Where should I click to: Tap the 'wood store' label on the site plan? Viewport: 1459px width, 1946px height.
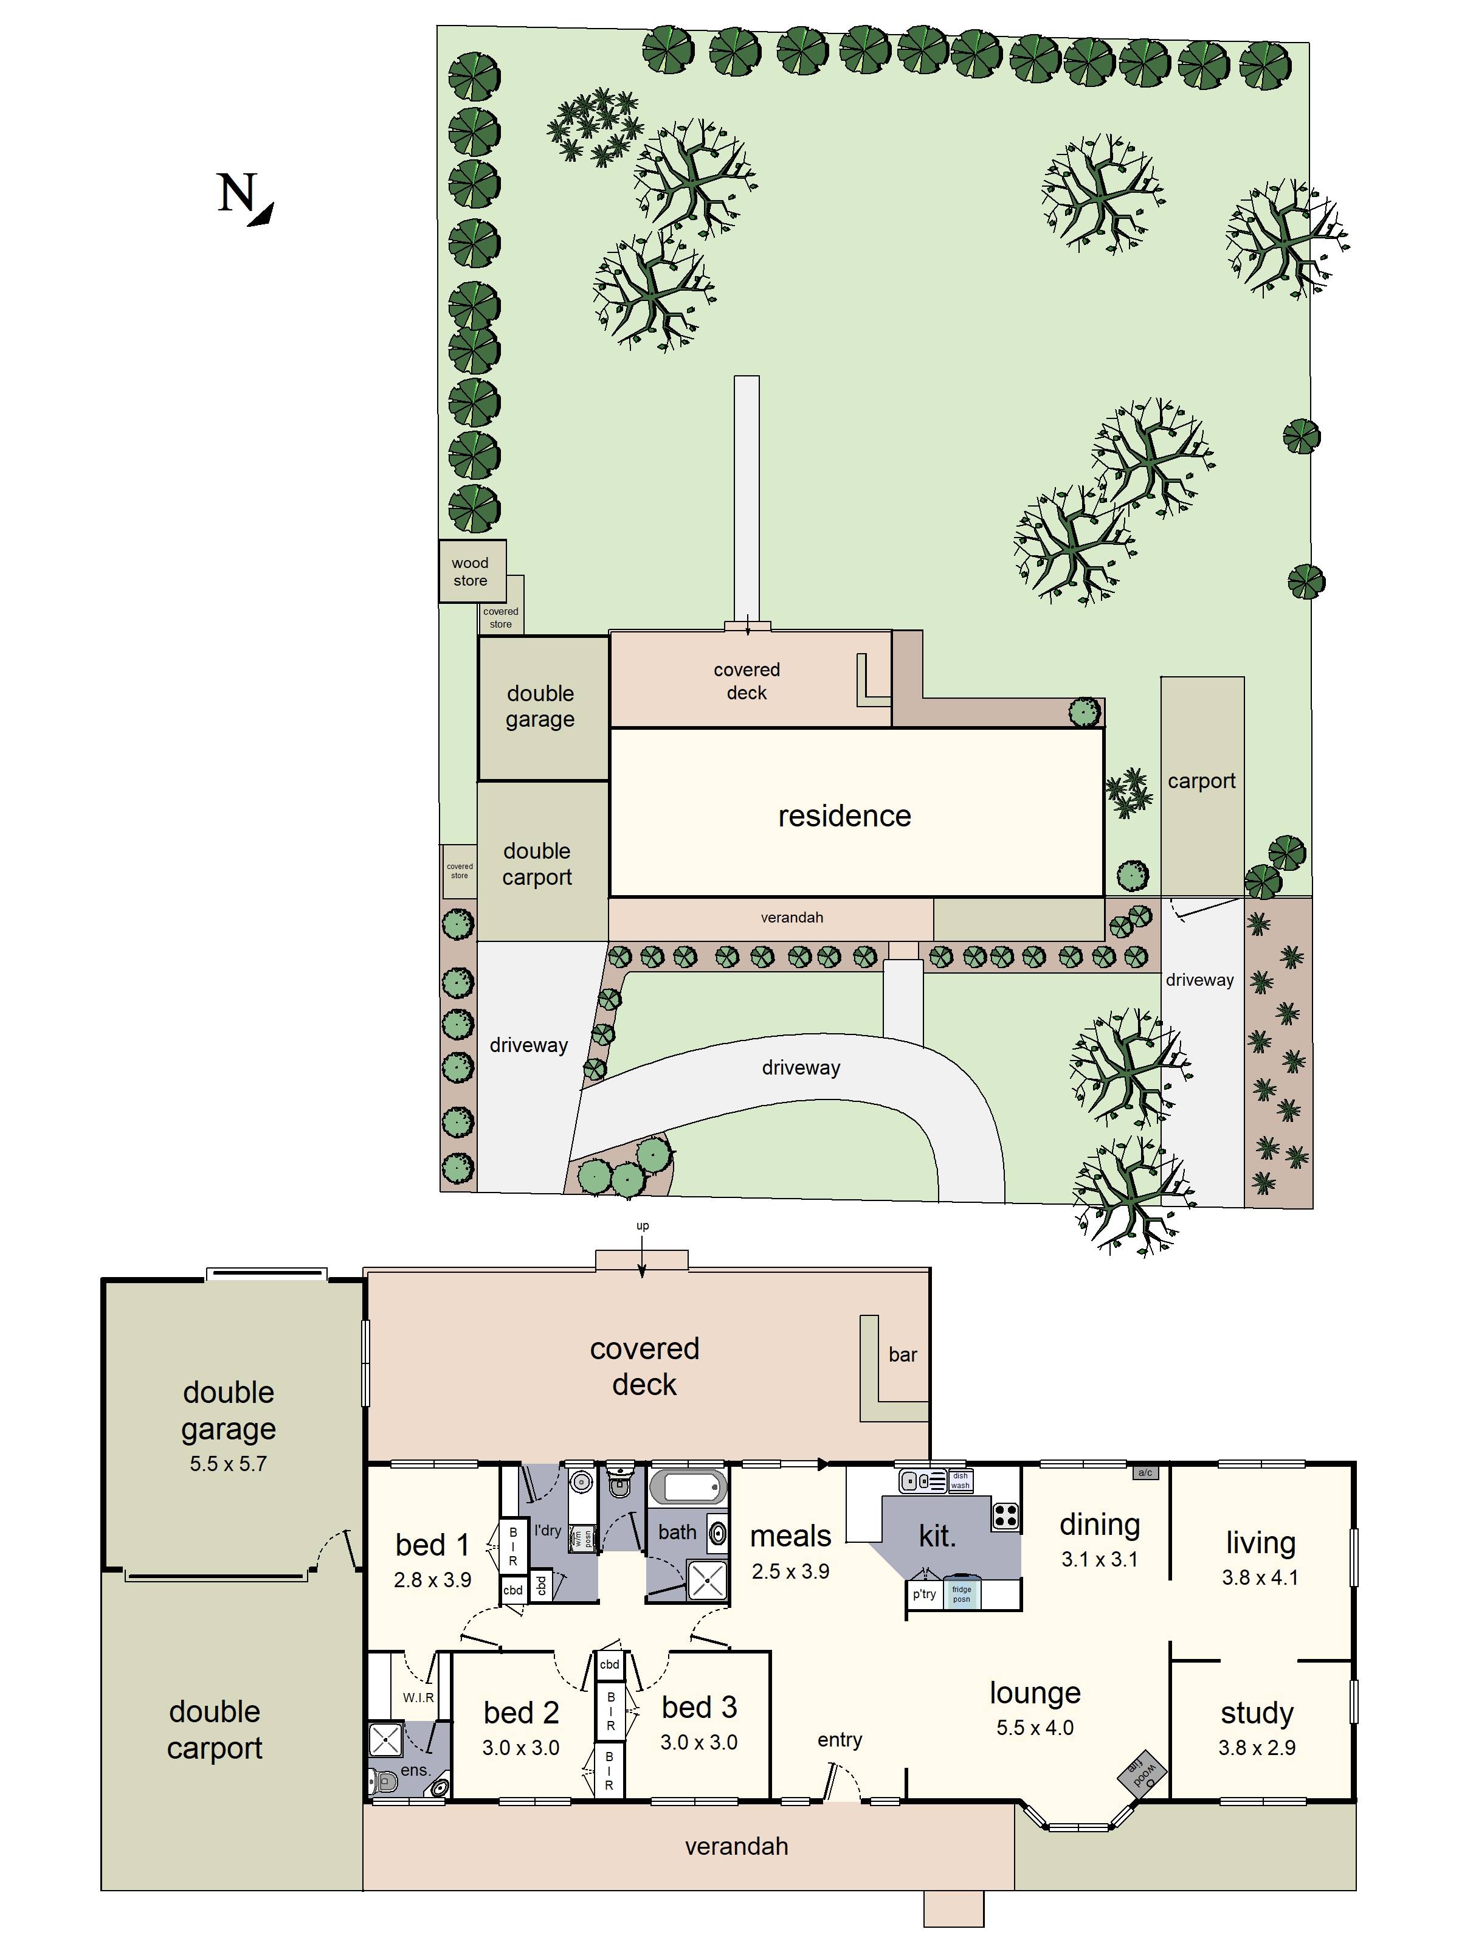tap(471, 572)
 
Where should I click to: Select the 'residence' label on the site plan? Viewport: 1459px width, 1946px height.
tap(844, 816)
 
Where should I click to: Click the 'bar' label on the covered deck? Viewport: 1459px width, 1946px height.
tap(902, 1355)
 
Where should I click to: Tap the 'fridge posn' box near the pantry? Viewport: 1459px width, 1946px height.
tap(961, 1594)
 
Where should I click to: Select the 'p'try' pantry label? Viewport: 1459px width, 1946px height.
tap(923, 1594)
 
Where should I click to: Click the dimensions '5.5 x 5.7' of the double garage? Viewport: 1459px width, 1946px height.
tap(228, 1464)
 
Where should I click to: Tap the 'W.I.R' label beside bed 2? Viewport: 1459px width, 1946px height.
tap(419, 1697)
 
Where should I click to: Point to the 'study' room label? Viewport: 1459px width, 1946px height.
tap(1257, 1713)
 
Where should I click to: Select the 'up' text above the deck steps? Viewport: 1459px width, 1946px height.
tap(643, 1225)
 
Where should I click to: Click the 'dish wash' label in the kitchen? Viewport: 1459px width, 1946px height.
tap(961, 1481)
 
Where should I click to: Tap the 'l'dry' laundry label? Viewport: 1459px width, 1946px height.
tap(547, 1530)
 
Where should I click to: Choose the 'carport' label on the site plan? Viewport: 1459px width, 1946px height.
tap(1201, 781)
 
